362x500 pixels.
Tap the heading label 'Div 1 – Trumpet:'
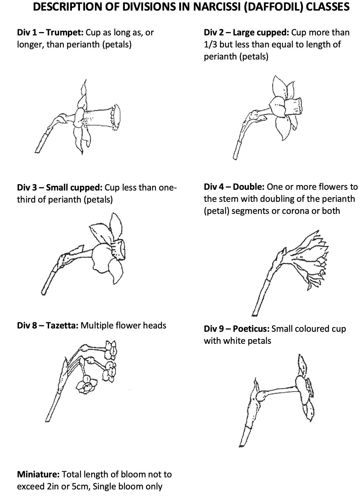(50, 32)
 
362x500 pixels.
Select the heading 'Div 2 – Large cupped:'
(246, 32)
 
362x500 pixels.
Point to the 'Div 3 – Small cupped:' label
(59, 188)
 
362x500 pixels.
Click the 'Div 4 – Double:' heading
(234, 187)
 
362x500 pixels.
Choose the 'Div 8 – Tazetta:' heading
(48, 326)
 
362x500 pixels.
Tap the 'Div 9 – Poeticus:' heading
(237, 329)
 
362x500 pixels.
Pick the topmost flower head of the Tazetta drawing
(111, 350)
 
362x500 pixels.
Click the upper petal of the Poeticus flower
(303, 366)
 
